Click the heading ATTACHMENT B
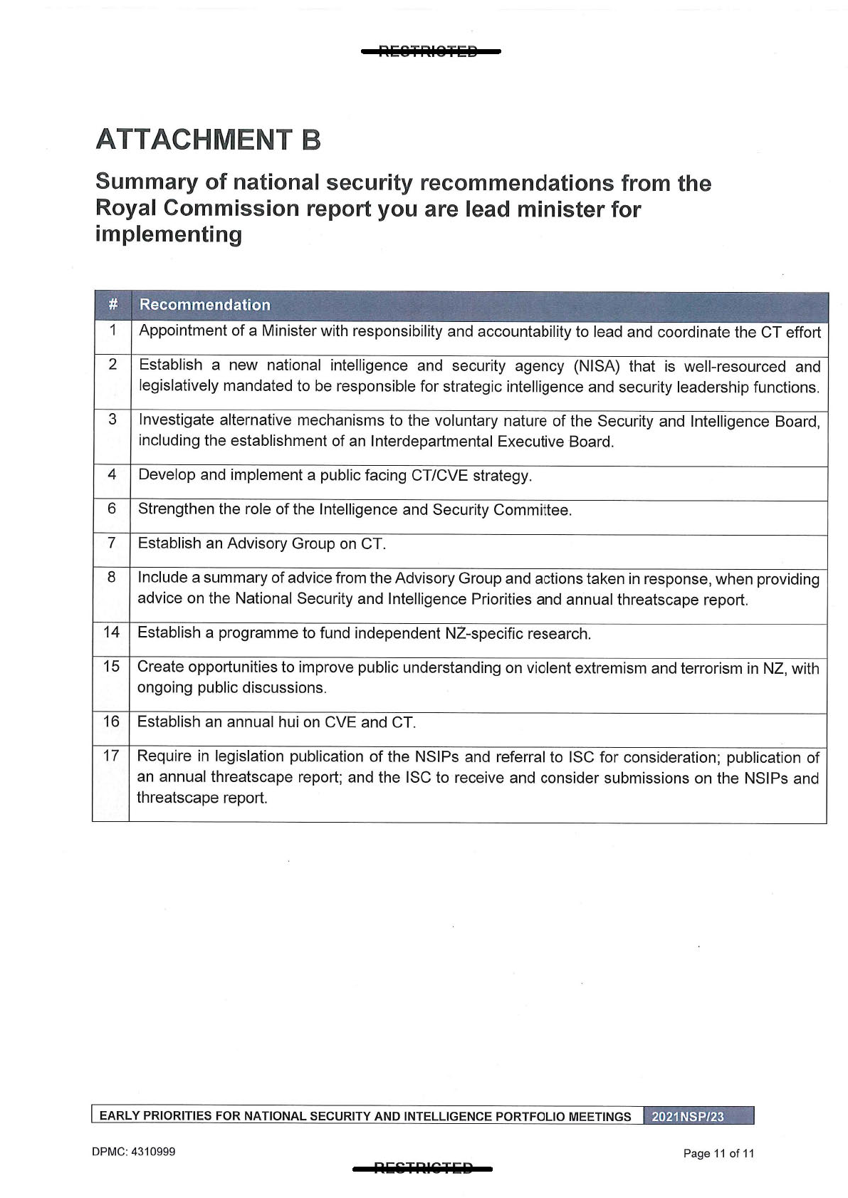tap(208, 140)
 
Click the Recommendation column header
tap(204, 305)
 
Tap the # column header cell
tap(112, 305)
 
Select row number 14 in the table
tap(112, 632)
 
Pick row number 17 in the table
tap(111, 756)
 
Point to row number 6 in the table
tap(112, 509)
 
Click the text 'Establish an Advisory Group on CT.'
tap(261, 544)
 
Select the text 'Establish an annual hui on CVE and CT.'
tap(276, 722)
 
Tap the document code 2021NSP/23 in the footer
tap(688, 1116)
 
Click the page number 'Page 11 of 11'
tap(718, 1153)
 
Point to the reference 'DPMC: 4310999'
tap(133, 1152)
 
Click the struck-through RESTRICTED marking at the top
tap(430, 51)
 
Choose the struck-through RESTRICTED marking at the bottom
tap(423, 1167)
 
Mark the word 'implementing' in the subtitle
tap(169, 234)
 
